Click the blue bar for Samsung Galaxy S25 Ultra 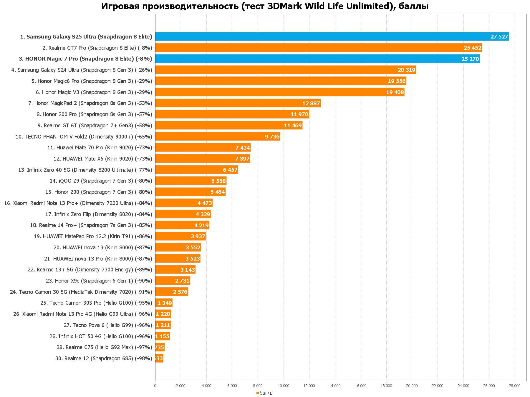[x=324, y=36]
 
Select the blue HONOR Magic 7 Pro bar [x=309, y=59]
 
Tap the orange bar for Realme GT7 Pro [x=309, y=48]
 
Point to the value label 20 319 [x=406, y=70]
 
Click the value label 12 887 [x=311, y=103]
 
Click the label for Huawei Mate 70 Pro [x=100, y=148]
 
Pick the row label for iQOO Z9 [x=101, y=181]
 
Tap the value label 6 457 [x=230, y=170]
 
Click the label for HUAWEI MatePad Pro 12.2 [x=93, y=236]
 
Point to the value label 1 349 [x=165, y=303]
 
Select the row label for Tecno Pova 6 [x=108, y=325]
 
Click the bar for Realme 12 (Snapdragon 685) [x=159, y=358]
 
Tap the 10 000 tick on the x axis [x=284, y=386]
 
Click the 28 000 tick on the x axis [x=515, y=386]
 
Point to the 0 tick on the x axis [x=155, y=386]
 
